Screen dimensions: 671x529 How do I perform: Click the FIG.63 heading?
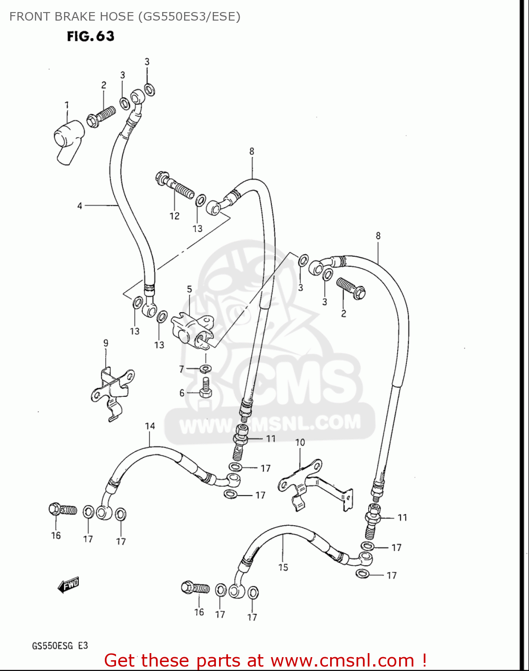[90, 36]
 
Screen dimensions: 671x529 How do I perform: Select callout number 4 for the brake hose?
[80, 206]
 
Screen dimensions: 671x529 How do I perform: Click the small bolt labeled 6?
[206, 387]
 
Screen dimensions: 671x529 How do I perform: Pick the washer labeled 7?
[205, 368]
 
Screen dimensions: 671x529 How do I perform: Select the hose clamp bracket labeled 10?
[314, 486]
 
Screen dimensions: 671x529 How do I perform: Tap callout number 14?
[150, 426]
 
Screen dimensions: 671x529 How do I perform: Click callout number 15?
[283, 567]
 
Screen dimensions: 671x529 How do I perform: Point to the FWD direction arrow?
[69, 585]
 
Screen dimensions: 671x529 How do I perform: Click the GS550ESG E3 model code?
[60, 646]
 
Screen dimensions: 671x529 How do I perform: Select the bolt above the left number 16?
[62, 510]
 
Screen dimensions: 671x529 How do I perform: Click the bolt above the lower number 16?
[195, 588]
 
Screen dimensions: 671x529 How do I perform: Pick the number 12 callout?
[174, 216]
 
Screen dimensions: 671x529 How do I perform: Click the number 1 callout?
[67, 106]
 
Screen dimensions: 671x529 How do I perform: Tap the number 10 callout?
[300, 442]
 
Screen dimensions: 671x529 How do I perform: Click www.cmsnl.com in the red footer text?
[343, 660]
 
